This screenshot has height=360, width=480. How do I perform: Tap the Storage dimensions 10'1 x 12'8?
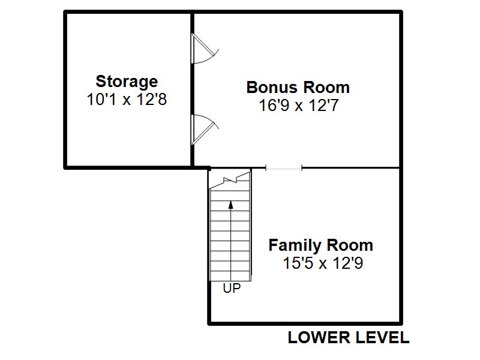click(x=127, y=100)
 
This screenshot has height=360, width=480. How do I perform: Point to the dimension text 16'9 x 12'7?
click(x=299, y=106)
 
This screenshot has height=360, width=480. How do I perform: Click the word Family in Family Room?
click(x=295, y=245)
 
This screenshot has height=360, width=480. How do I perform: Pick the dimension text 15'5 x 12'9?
click(x=323, y=263)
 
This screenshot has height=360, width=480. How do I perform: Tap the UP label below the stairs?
click(x=232, y=288)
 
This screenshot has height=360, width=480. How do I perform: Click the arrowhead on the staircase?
click(x=231, y=205)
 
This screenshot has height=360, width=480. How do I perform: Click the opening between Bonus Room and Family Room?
click(x=284, y=168)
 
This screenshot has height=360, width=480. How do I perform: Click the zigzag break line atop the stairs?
click(x=230, y=181)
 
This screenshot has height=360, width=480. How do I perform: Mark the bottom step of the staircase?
click(x=230, y=276)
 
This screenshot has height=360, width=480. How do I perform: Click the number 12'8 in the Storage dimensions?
click(x=152, y=100)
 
